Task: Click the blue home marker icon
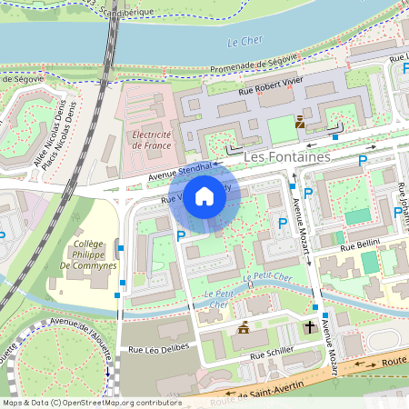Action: click(x=204, y=196)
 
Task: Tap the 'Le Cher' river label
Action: click(x=244, y=42)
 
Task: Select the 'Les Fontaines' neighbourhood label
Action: click(x=286, y=156)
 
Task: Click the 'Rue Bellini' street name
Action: click(x=359, y=246)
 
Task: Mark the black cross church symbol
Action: click(x=309, y=325)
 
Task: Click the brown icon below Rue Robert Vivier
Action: click(x=300, y=121)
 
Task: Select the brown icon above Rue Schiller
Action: click(x=243, y=327)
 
